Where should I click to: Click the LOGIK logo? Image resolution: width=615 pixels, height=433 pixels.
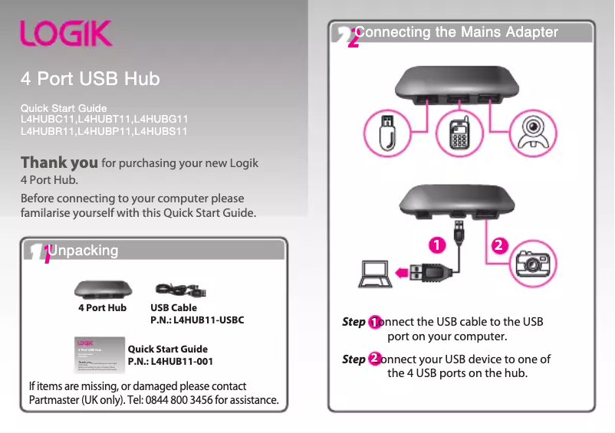66,34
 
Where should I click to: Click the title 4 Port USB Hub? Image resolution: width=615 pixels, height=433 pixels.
90,79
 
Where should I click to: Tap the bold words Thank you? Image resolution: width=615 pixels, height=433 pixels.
59,163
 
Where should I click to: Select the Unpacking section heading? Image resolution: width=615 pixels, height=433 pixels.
83,251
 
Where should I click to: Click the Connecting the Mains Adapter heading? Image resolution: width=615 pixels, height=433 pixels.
457,32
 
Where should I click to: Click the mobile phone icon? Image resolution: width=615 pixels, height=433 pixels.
459,134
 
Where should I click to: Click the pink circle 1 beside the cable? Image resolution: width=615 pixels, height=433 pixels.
437,245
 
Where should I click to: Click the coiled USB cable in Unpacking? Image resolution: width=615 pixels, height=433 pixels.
181,291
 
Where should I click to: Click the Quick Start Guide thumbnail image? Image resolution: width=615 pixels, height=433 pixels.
100,354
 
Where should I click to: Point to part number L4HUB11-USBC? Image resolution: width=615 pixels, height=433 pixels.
209,320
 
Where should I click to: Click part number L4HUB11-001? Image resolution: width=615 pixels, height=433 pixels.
182,361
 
